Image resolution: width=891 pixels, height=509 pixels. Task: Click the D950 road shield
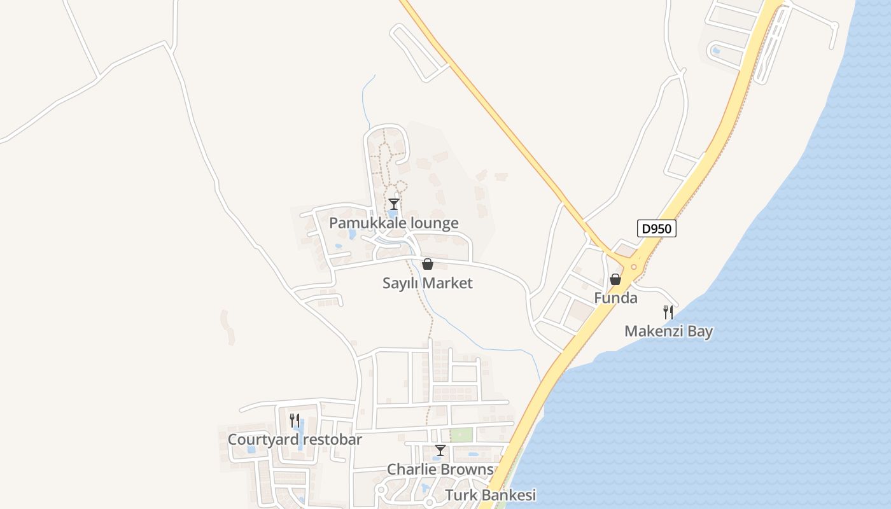pos(656,228)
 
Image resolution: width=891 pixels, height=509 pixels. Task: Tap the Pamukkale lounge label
pos(393,223)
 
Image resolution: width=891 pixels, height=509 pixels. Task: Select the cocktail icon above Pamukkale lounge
pos(394,204)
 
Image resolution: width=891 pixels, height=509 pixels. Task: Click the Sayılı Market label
pos(427,283)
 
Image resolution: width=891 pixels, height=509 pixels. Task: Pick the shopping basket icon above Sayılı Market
pos(428,264)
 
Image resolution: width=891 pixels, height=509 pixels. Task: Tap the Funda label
pos(615,298)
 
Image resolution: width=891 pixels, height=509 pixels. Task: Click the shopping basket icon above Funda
pos(615,279)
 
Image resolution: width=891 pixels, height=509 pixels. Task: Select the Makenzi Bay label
pos(668,331)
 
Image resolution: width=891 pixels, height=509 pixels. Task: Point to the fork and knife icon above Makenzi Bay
pos(668,312)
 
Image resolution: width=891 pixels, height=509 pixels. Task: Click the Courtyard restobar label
pos(295,440)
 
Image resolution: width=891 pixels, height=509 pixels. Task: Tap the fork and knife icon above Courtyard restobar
pos(295,420)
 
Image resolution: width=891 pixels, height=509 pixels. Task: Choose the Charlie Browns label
pos(440,470)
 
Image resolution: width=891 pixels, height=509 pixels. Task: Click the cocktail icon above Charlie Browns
pos(440,450)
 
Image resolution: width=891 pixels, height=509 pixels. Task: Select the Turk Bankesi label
pos(490,495)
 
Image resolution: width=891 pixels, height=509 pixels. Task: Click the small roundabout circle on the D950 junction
pos(634,267)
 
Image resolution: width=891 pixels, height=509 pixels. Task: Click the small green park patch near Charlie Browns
pos(461,435)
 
